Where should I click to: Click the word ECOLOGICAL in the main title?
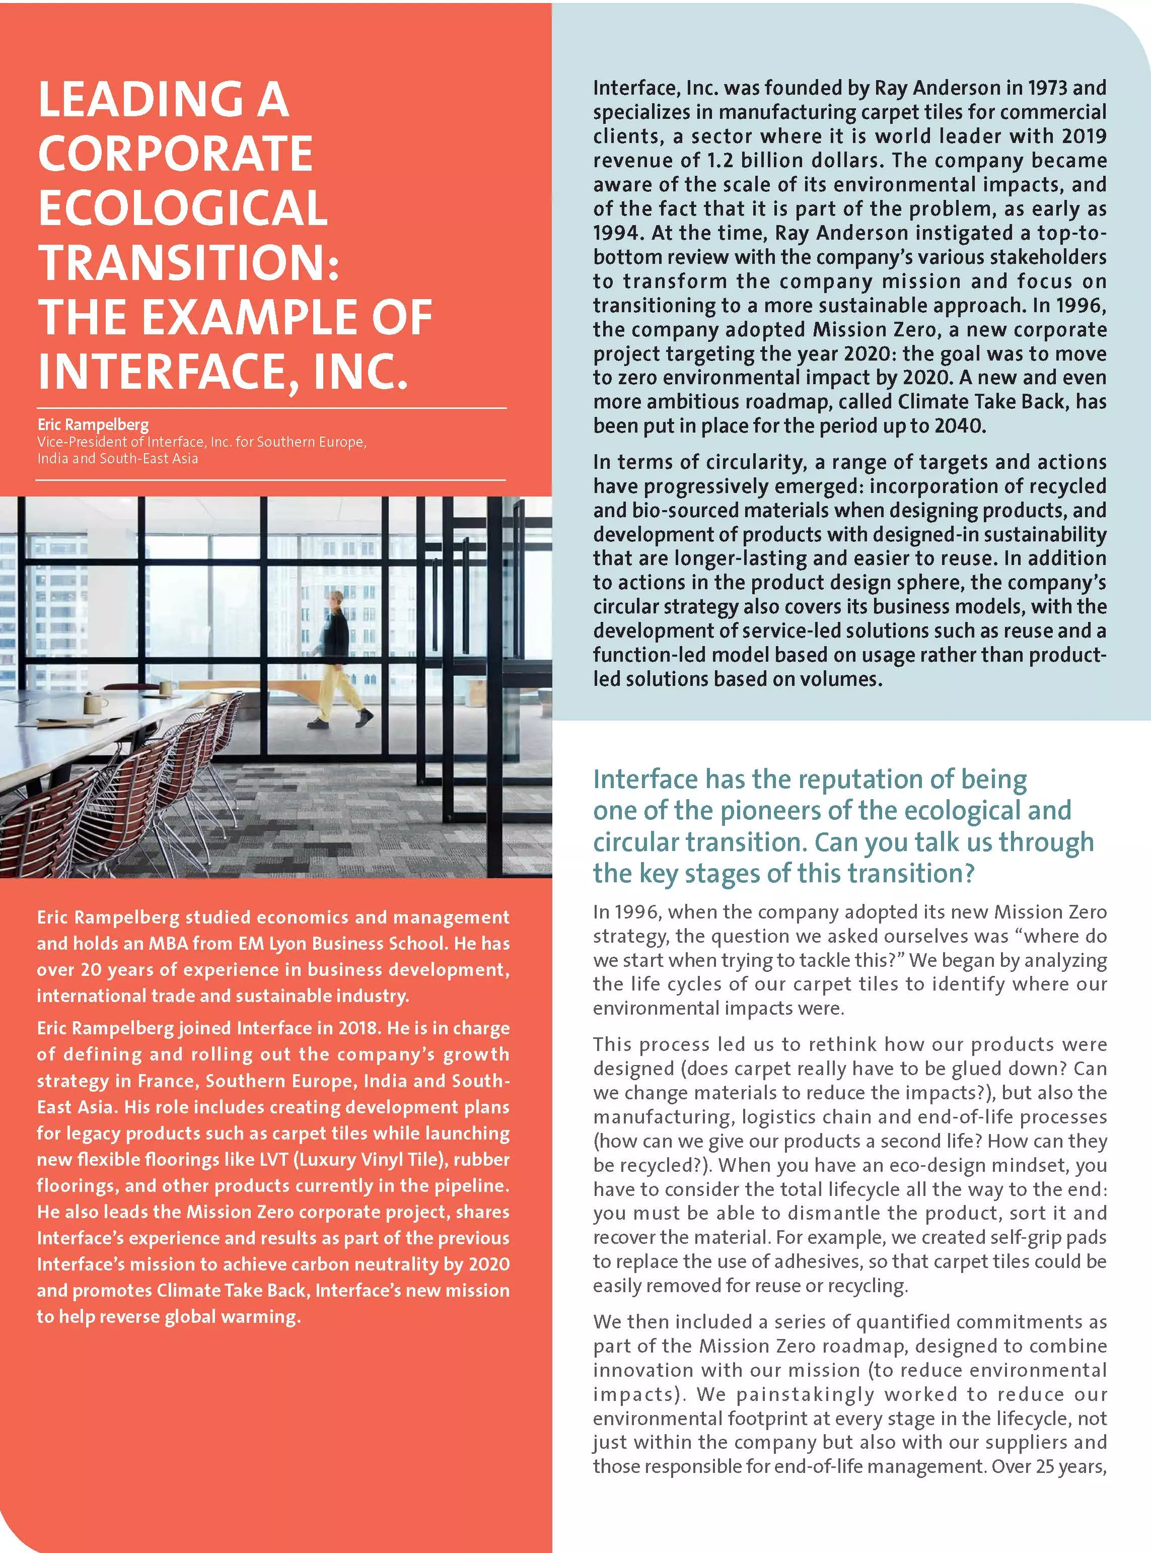183,207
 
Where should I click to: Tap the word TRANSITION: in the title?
188,262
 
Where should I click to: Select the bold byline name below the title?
93,425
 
